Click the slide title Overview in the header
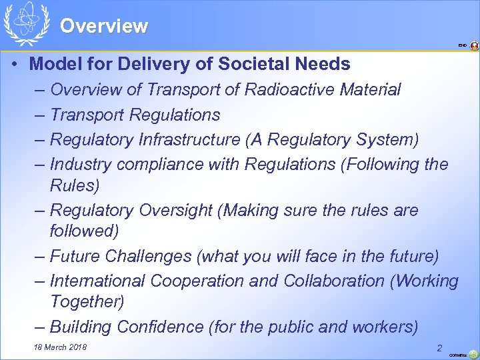(x=104, y=26)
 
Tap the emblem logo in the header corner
(x=26, y=23)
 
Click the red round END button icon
(x=474, y=46)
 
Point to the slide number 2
(x=439, y=347)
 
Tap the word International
(x=98, y=281)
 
